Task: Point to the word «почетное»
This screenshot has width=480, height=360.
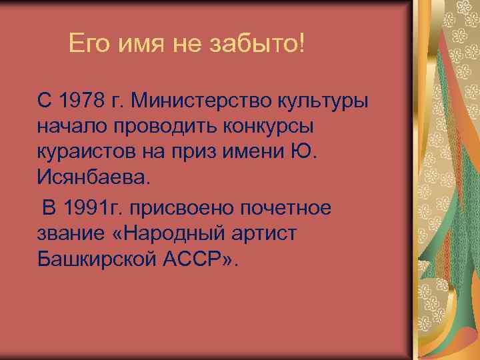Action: click(x=293, y=208)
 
